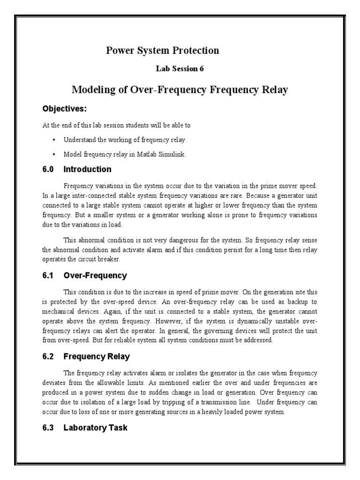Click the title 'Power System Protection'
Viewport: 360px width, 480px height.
(x=163, y=50)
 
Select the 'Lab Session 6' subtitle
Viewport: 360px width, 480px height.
(x=180, y=68)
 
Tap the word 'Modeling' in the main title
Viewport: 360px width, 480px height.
(x=91, y=90)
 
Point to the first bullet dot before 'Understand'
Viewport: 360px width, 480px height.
(x=54, y=140)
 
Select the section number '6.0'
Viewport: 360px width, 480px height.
(x=48, y=169)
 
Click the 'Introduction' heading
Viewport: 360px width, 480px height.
(x=87, y=169)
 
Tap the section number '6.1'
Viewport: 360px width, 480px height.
(x=48, y=276)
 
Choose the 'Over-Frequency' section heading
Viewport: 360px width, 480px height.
(x=95, y=276)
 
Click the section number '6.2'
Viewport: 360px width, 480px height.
(x=48, y=357)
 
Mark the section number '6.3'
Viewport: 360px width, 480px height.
(x=48, y=427)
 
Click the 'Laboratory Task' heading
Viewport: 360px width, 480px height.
(x=95, y=427)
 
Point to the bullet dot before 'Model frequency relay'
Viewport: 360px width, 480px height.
(x=54, y=154)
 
